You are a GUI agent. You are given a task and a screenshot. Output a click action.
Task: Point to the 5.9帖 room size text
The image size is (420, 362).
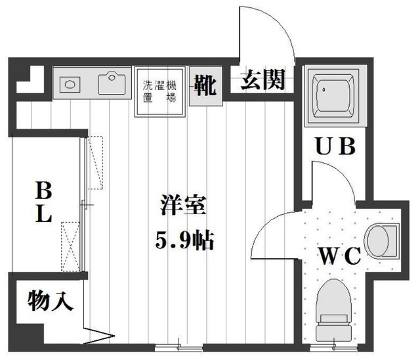click(183, 240)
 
